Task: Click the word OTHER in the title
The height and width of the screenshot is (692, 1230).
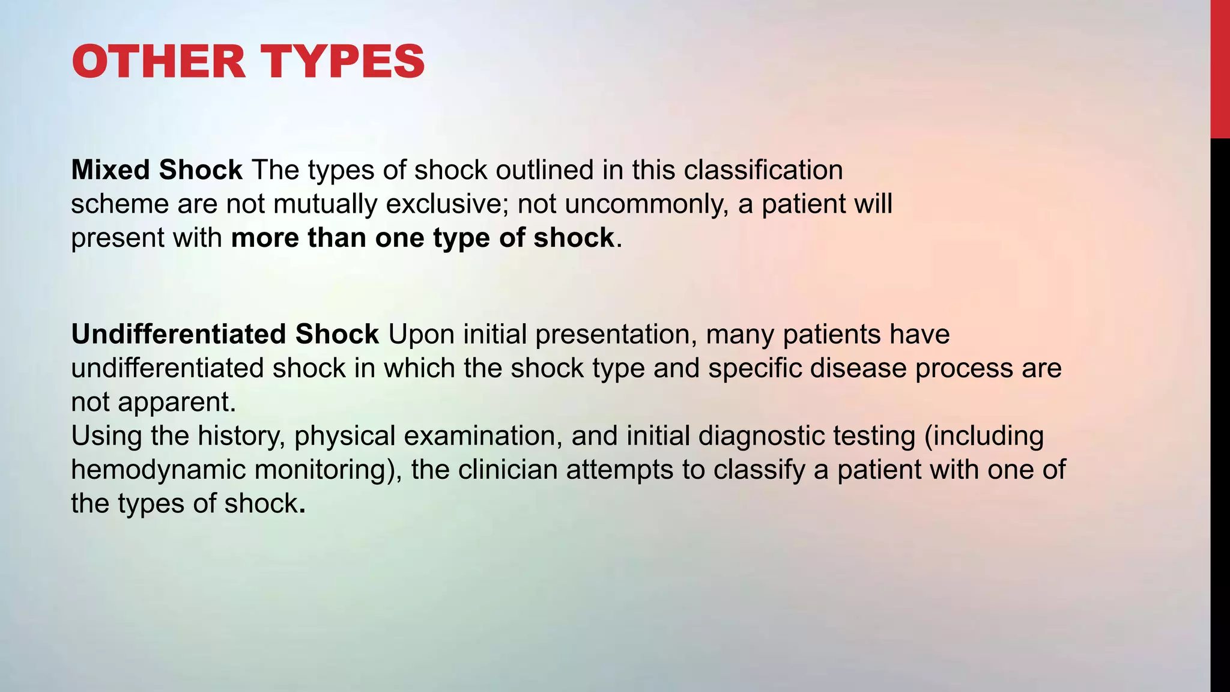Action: coord(159,62)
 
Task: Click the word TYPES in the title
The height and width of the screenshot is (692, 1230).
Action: coord(343,62)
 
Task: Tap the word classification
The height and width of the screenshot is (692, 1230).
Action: coord(763,170)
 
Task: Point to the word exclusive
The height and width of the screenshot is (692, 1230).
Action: coord(443,204)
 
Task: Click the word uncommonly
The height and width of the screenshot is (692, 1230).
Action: coord(646,204)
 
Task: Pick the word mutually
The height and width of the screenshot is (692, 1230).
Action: coord(325,204)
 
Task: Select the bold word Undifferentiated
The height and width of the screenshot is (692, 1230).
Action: coord(178,334)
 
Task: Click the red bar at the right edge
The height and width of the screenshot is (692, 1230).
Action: coord(1220,69)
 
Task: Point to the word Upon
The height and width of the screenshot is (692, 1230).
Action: coord(421,334)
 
